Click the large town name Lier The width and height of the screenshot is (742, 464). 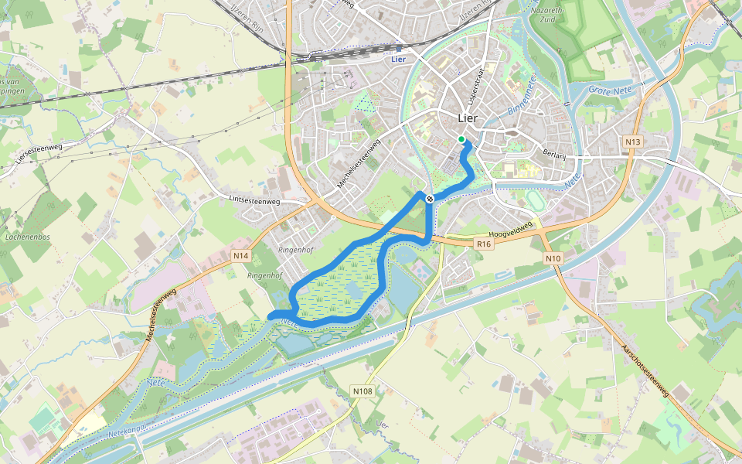coord(468,118)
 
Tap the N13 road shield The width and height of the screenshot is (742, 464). coord(633,142)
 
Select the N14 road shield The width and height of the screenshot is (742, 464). coord(241,256)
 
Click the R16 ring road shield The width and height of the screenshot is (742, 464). coord(484,244)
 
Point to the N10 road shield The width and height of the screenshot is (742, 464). coord(552,258)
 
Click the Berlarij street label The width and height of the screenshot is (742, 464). coord(556,154)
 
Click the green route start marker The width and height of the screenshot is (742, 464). coord(461,139)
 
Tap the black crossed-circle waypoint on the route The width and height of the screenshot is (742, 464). coord(429,199)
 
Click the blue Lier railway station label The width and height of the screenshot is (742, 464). coord(399,59)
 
